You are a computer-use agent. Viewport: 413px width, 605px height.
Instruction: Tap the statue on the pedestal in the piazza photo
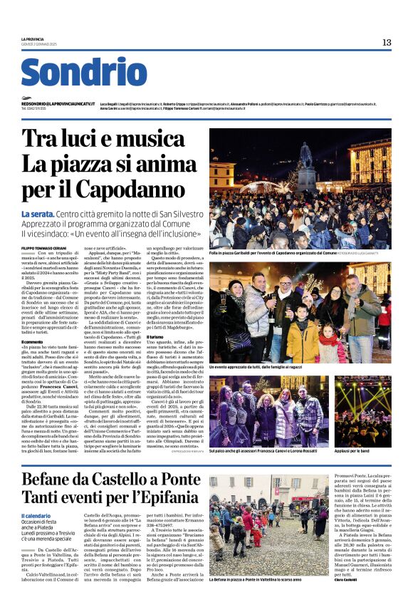click(x=306, y=157)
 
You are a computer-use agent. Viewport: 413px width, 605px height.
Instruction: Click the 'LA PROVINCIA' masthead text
click(x=33, y=38)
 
